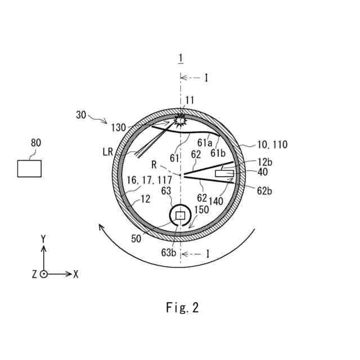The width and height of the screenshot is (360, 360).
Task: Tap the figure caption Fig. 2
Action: coord(182,308)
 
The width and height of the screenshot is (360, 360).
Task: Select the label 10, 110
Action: coord(272,145)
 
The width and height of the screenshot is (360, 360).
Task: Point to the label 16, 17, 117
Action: coord(150,180)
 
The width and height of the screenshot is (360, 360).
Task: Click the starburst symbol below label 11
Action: coord(180,121)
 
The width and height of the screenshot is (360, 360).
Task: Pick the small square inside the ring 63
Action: coord(180,215)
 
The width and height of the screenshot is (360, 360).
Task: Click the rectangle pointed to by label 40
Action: coord(224,174)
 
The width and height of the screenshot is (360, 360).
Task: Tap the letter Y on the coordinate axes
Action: coord(43,239)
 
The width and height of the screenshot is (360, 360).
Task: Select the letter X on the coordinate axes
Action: coord(76,274)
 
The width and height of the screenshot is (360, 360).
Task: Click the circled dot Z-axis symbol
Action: coord(44,274)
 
